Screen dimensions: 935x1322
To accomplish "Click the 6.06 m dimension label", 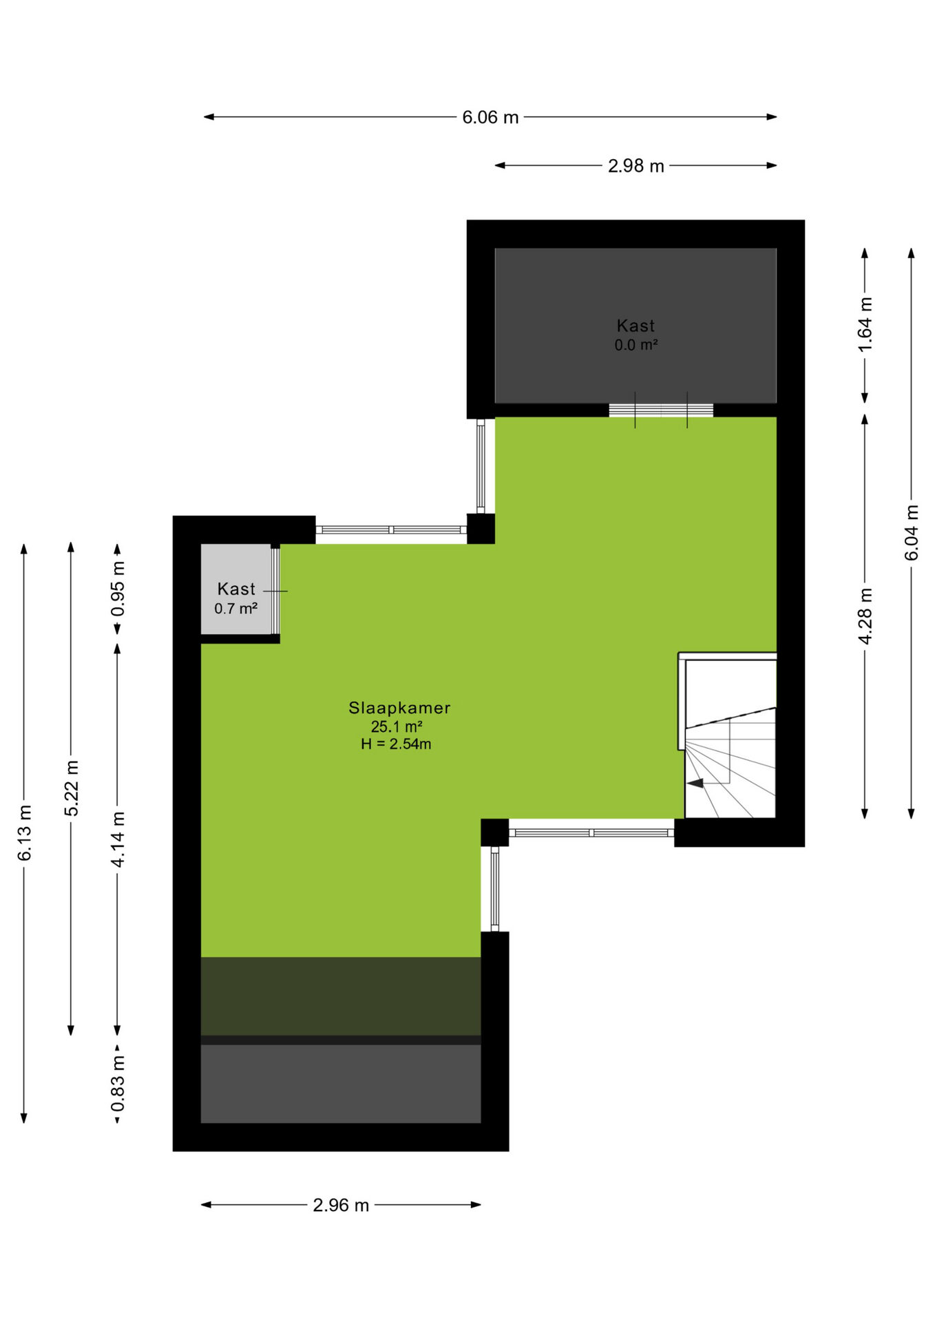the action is point(490,117).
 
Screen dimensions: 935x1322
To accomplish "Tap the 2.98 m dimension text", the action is point(635,166).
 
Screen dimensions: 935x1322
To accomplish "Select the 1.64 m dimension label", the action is point(865,324).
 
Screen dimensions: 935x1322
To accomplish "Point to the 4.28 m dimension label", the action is point(865,616).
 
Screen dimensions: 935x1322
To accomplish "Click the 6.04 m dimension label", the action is point(911,532).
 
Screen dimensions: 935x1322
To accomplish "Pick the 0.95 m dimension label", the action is point(118,589).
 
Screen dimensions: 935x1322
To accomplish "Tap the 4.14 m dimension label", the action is point(118,839).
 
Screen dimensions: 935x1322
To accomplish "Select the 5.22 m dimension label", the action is point(71,788).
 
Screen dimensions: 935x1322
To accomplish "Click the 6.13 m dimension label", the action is point(24,832).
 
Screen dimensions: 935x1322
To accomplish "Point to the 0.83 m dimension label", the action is point(118,1083).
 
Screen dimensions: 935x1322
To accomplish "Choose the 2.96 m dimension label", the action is point(341,1205).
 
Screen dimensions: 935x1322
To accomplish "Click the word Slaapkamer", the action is point(399,708).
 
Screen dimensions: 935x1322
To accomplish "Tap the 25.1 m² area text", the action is point(397,726).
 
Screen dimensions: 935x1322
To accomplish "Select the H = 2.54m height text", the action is point(396,744).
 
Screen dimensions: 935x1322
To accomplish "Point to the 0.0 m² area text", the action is point(635,345).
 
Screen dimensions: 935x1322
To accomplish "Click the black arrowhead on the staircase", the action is point(695,783).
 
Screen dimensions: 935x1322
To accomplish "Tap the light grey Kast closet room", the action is point(235,589).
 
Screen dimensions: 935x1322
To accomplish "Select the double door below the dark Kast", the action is point(661,410).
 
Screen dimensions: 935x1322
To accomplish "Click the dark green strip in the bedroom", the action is point(341,996).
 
